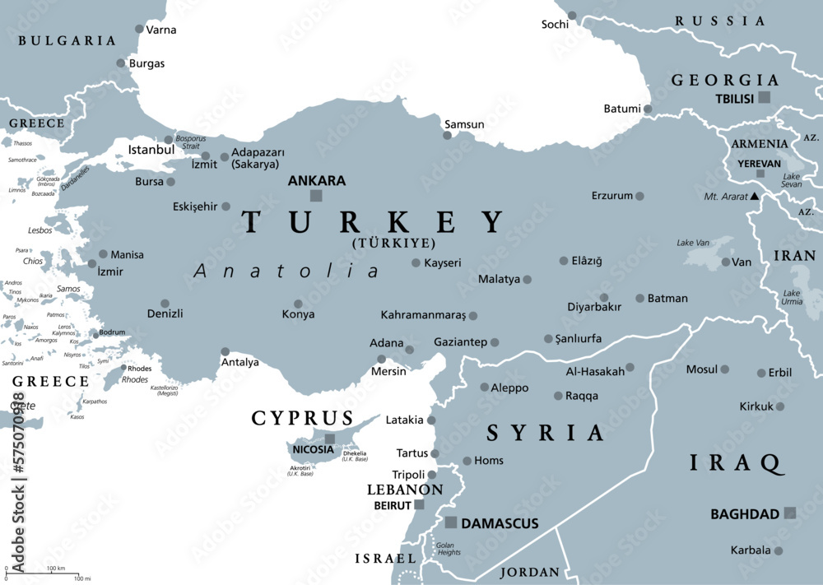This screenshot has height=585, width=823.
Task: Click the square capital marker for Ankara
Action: coord(316,196)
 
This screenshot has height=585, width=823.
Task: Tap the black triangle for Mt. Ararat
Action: coord(754,197)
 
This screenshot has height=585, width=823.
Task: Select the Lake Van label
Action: coord(693,243)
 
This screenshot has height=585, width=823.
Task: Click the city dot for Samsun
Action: coord(448,135)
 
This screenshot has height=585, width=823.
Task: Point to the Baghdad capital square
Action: coord(790,513)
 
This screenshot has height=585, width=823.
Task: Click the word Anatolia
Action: coord(287,271)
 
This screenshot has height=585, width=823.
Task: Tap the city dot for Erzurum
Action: coord(639,196)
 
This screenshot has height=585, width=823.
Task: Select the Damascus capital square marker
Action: coord(450,522)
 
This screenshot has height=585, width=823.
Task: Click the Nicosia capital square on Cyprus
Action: coord(330,439)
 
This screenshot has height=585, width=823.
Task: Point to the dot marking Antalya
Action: coord(226,351)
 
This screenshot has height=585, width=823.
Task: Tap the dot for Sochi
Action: coord(572,15)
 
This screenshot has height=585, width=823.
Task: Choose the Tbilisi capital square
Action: coord(765,97)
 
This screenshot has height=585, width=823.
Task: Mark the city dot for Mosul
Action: coord(725,369)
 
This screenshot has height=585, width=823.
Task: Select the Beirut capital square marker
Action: coord(419,504)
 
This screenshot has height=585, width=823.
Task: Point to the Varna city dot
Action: coord(137,29)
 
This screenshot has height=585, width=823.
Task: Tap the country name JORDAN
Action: coord(531,572)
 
